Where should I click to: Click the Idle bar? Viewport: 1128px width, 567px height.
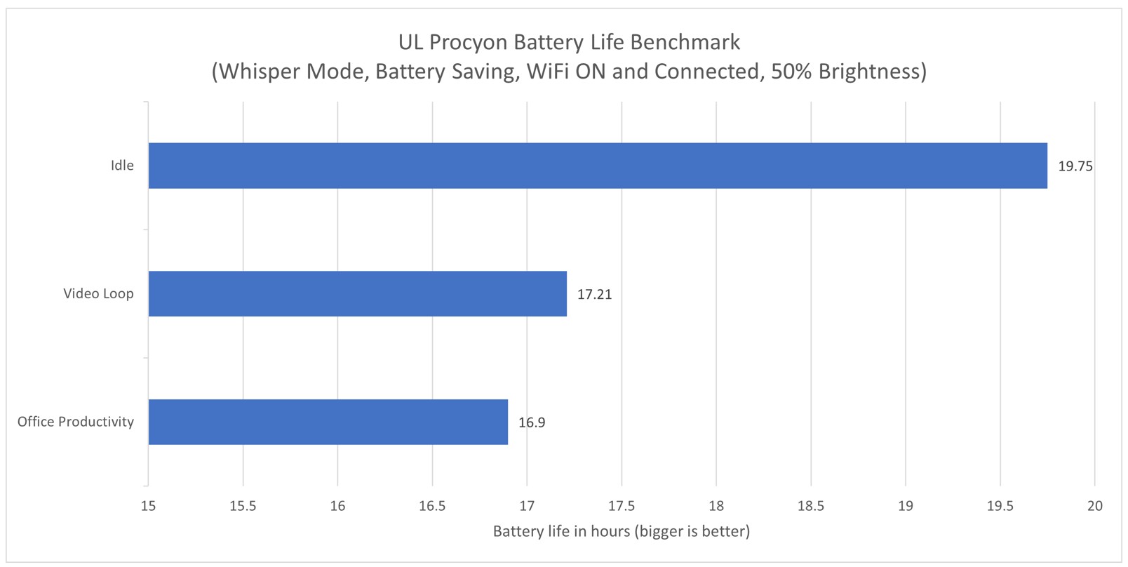(597, 166)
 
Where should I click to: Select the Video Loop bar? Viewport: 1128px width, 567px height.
(357, 294)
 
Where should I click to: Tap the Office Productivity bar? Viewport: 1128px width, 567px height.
(328, 422)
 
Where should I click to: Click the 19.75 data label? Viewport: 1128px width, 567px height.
(1075, 166)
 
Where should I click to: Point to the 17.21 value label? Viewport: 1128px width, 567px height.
(594, 295)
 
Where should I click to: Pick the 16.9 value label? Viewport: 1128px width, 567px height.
(532, 422)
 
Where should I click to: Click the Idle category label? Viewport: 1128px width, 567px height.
(122, 166)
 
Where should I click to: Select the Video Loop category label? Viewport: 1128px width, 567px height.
(98, 293)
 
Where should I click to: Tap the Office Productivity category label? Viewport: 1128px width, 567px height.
(76, 422)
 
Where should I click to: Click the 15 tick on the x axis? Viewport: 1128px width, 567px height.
(148, 506)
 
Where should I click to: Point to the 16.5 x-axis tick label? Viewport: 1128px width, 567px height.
(432, 506)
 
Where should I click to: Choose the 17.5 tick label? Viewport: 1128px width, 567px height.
(622, 506)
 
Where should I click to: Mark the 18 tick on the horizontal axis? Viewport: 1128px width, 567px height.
(716, 506)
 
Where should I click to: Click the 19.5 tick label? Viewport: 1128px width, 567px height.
(1000, 506)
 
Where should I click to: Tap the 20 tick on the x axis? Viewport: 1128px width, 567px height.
(1094, 506)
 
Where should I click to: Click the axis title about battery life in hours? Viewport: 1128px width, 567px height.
(621, 531)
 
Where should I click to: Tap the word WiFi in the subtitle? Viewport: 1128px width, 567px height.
(549, 72)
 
